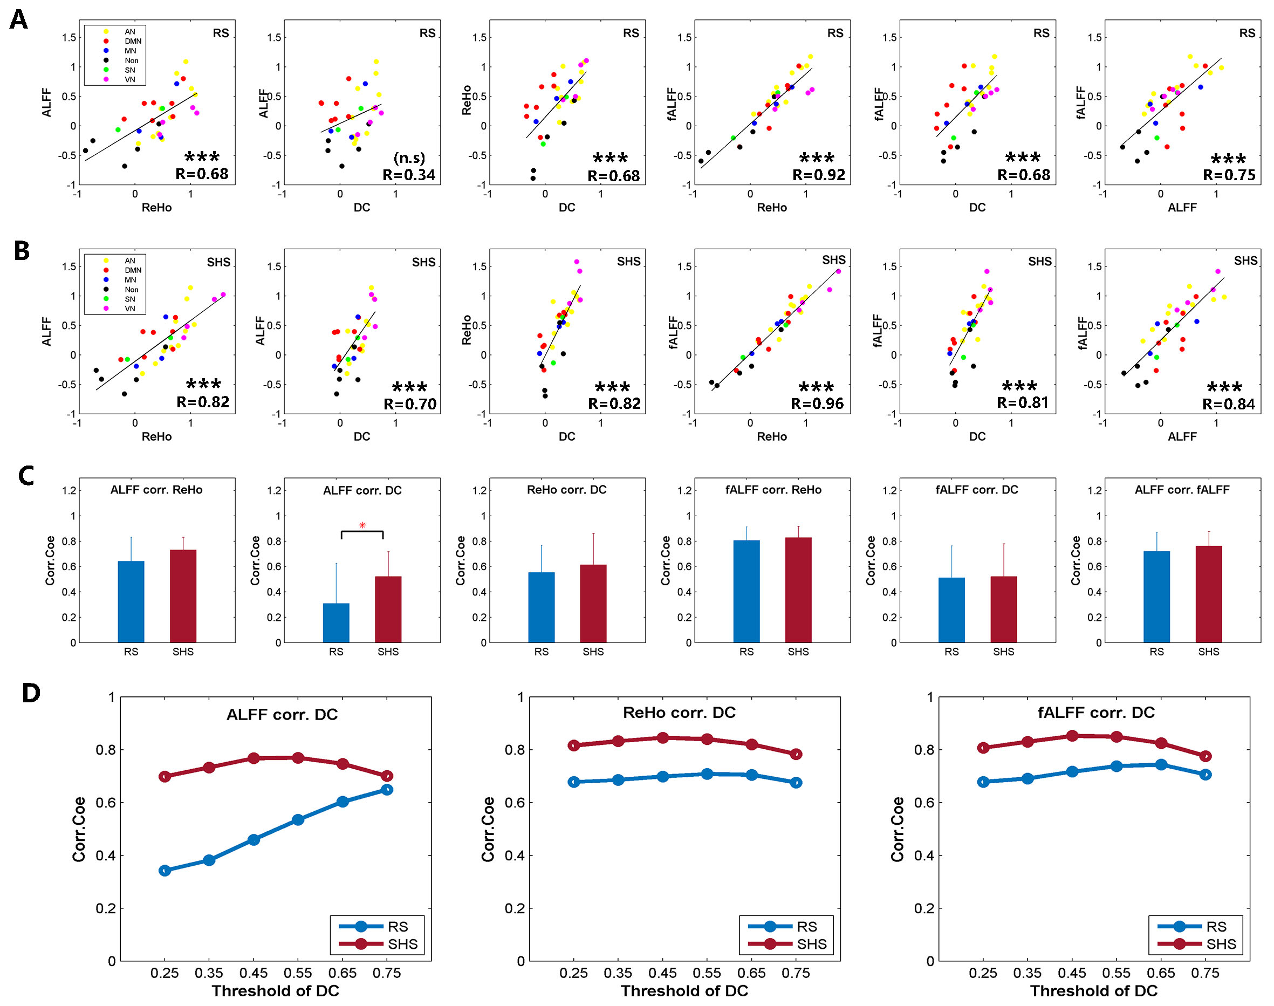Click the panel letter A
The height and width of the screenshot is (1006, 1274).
click(19, 20)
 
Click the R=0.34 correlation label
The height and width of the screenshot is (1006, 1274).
click(409, 175)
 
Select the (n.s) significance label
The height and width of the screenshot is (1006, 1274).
click(409, 158)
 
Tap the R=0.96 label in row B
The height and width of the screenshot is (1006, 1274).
click(817, 403)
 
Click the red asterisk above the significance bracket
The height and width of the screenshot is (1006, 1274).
click(362, 525)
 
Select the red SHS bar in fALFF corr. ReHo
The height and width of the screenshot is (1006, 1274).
click(798, 590)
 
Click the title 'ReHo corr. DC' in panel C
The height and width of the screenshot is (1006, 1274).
click(567, 490)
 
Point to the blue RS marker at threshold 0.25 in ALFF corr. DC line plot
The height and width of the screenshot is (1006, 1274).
click(165, 870)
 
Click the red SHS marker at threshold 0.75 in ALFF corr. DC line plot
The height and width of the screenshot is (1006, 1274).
click(387, 776)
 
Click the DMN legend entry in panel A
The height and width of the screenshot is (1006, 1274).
click(133, 41)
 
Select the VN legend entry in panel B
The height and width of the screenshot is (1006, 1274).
click(129, 309)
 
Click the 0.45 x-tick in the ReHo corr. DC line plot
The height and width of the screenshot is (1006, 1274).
click(663, 973)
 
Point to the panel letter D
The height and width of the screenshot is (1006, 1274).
click(31, 693)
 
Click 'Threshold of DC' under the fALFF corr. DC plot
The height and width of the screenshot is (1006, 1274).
click(1094, 991)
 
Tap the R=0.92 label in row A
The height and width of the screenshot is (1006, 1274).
click(818, 175)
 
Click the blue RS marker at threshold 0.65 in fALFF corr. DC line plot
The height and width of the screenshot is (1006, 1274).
click(1161, 764)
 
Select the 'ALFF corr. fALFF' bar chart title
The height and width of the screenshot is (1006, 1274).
click(1182, 490)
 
